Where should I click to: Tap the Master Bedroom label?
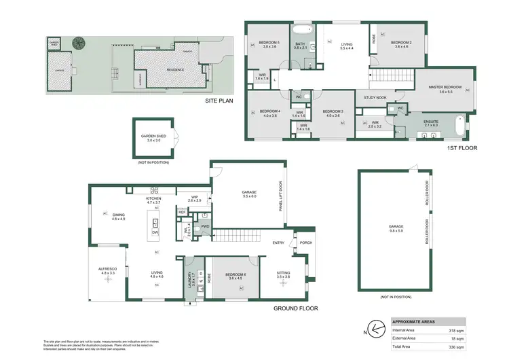(445, 87)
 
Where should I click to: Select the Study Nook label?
(375, 97)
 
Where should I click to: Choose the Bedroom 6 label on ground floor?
(235, 274)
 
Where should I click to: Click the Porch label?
(305, 242)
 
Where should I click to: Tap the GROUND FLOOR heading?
(297, 308)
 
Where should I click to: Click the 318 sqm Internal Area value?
(449, 331)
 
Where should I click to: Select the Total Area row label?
(404, 347)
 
